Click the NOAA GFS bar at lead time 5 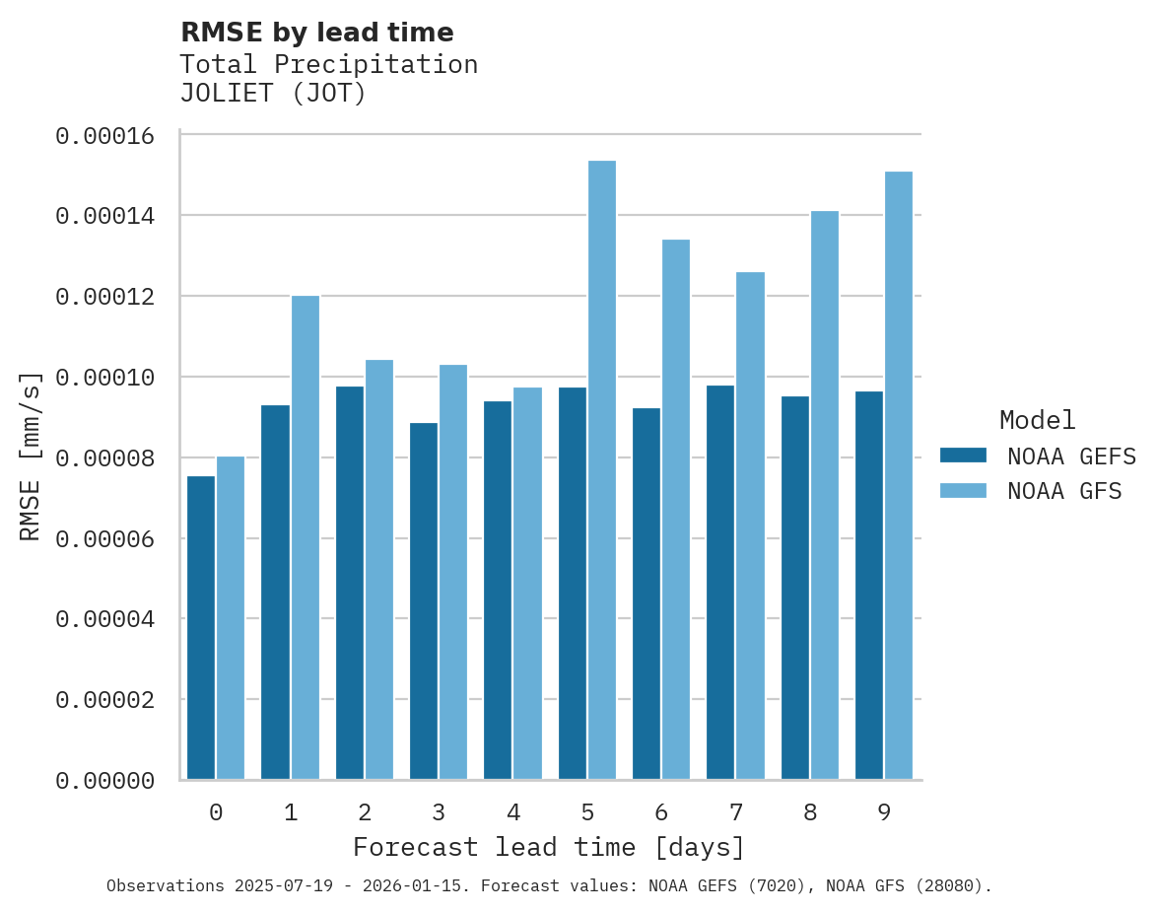(x=602, y=469)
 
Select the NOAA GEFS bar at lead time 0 (x=201, y=627)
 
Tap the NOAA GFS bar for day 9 (x=899, y=475)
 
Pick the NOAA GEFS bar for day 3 (x=424, y=600)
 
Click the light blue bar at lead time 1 (x=305, y=537)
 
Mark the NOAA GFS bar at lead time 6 (x=676, y=509)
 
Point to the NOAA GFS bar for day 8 (x=825, y=495)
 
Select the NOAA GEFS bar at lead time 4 (x=498, y=590)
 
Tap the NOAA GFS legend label (x=1064, y=491)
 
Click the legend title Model (x=1037, y=420)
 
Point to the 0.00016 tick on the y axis (x=105, y=135)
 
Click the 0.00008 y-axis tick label (x=105, y=458)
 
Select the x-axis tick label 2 (x=365, y=812)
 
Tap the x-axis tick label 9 (x=884, y=812)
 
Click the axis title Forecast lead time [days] (x=549, y=847)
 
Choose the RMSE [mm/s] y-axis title (x=31, y=456)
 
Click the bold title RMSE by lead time (x=316, y=33)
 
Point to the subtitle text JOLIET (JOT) (x=273, y=94)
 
